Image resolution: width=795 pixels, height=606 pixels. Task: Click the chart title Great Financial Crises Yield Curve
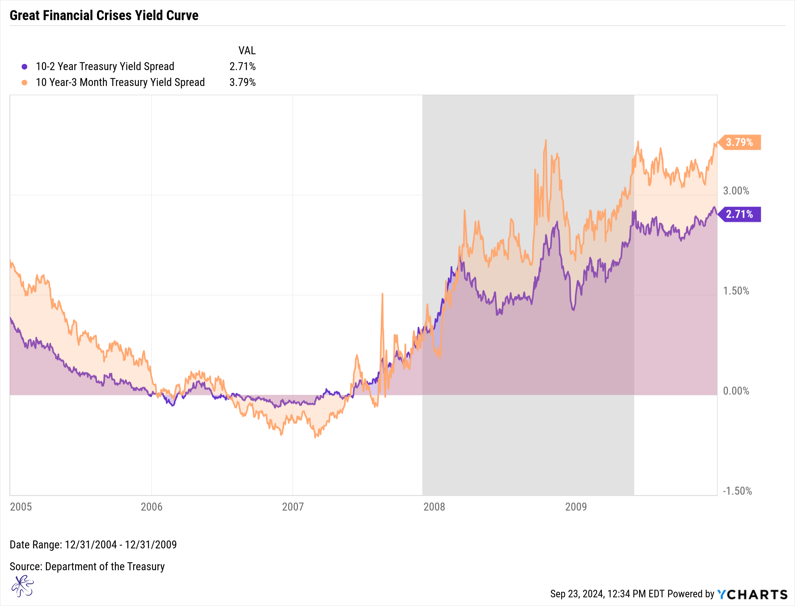click(x=104, y=15)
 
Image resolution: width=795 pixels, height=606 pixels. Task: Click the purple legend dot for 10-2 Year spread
click(x=25, y=67)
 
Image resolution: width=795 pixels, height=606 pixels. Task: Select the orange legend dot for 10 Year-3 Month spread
click(x=25, y=83)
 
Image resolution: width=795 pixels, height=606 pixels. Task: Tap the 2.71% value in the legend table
click(x=242, y=66)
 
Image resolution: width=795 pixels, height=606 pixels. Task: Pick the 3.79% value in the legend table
click(x=242, y=82)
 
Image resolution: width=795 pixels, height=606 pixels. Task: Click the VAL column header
click(x=247, y=50)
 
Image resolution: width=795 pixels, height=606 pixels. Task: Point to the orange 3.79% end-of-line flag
click(x=739, y=142)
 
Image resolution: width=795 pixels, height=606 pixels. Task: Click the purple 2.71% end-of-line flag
click(x=739, y=214)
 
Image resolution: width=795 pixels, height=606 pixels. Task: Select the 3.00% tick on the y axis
click(x=736, y=191)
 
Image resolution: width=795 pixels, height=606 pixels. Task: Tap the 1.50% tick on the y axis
click(x=736, y=291)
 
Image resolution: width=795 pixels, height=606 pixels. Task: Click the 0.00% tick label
click(x=736, y=391)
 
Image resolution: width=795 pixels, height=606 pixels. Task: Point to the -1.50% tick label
click(x=737, y=491)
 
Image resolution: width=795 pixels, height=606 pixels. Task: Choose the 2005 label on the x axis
click(x=21, y=507)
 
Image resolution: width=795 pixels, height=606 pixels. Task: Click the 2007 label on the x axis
click(x=293, y=507)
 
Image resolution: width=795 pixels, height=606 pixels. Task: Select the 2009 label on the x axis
click(x=576, y=507)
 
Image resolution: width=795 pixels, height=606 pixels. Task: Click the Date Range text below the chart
click(x=93, y=544)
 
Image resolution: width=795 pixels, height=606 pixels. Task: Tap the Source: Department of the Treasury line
click(x=87, y=566)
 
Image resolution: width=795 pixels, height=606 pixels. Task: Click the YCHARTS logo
click(x=752, y=594)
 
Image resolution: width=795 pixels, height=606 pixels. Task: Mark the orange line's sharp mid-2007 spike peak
click(x=382, y=294)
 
